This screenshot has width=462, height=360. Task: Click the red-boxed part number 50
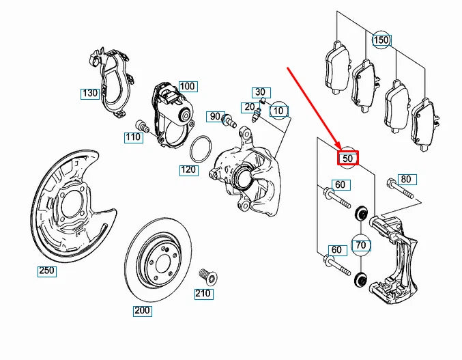(x=348, y=158)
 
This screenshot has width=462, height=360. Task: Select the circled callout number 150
(x=381, y=40)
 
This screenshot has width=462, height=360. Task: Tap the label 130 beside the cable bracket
(x=90, y=93)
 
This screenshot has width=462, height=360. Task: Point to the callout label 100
(x=186, y=86)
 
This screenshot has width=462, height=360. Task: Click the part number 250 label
(x=46, y=271)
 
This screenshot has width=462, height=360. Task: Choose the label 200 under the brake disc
(x=142, y=311)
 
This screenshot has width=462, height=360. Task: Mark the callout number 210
(x=203, y=294)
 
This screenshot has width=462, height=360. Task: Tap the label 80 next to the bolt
(x=406, y=180)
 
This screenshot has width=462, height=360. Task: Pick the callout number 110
(x=132, y=137)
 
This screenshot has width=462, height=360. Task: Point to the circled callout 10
(x=278, y=110)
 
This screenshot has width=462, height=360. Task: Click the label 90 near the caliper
(x=215, y=117)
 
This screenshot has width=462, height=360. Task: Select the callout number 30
(x=259, y=92)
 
